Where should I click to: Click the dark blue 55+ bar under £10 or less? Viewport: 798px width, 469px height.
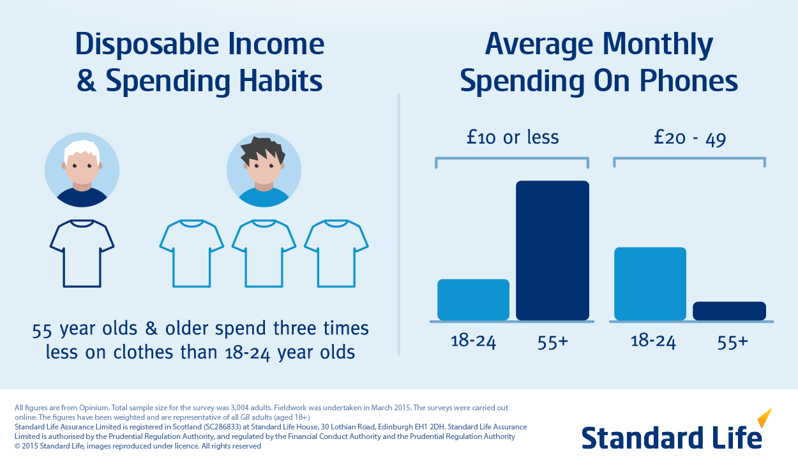[x=552, y=250]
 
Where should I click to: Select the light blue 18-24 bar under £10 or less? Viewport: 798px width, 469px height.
[x=473, y=299]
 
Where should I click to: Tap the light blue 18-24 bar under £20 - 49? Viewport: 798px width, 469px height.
[x=650, y=283]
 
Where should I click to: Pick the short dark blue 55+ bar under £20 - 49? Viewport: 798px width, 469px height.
[x=729, y=311]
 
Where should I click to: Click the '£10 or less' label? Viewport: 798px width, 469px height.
[x=512, y=137]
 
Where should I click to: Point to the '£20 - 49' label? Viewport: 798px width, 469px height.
[x=689, y=138]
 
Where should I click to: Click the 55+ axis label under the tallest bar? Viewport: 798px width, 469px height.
[x=552, y=341]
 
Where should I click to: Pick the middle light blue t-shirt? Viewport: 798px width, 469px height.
[x=264, y=253]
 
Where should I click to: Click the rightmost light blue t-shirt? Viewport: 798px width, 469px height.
[x=336, y=253]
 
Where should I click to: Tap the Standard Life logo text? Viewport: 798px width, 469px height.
[x=670, y=438]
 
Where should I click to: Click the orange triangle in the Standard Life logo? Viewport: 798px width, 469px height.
[x=765, y=419]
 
